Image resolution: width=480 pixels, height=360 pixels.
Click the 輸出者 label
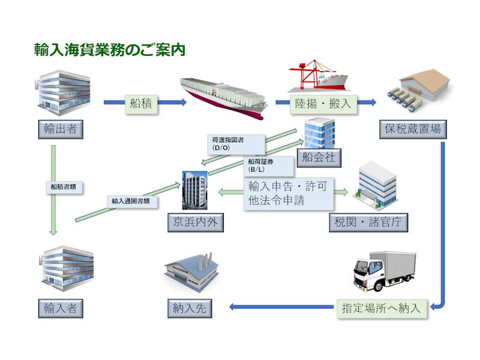(60, 128)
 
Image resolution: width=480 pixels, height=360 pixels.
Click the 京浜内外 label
(195, 222)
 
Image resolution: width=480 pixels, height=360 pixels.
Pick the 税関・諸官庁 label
(369, 222)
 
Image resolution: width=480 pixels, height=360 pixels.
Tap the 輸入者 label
(60, 308)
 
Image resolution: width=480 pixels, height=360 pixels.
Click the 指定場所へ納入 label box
(381, 308)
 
